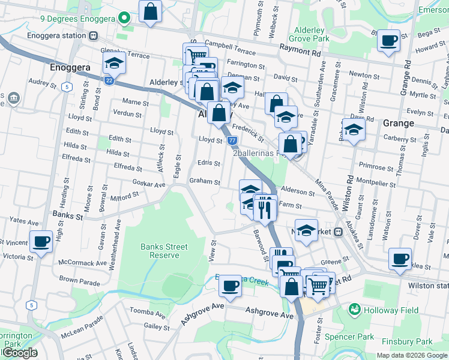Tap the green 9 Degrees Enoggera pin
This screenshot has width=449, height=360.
tap(124, 19)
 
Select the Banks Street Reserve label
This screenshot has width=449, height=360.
tap(164, 251)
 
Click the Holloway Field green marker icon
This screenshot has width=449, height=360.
tap(355, 310)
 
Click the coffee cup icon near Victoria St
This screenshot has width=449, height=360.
tap(41, 242)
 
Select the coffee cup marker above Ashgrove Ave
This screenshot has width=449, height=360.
tap(229, 286)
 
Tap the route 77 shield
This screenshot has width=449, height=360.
tap(232, 140)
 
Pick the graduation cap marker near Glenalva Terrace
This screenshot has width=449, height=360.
tap(113, 62)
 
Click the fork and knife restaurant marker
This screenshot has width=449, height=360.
tap(265, 208)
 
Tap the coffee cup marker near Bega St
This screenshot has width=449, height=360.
tap(389, 41)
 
